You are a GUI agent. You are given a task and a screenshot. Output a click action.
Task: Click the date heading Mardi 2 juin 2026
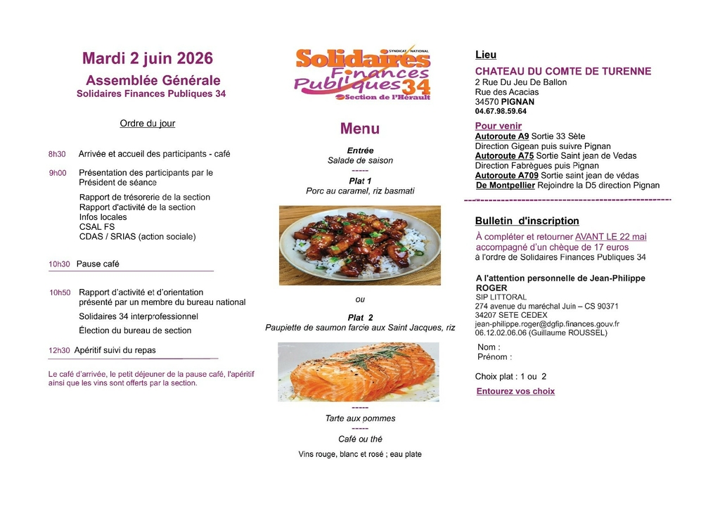coord(148,58)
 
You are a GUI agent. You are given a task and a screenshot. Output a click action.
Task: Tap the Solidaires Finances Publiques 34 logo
coord(362,74)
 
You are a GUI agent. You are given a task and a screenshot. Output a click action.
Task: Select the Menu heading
coord(359,129)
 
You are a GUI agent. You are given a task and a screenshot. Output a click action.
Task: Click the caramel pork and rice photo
coord(359,245)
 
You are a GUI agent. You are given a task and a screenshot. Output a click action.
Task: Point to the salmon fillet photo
coord(359,372)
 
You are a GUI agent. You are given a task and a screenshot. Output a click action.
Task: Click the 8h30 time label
coord(57,154)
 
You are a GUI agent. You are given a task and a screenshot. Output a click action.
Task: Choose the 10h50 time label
coord(60,292)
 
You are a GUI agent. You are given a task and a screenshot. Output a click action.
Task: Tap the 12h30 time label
coord(59,350)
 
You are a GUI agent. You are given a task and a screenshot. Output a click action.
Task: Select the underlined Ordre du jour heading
coord(148,124)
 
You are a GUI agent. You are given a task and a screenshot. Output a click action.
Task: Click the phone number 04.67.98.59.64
coord(501,111)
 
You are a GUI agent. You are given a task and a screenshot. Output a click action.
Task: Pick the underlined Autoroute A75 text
coord(504,156)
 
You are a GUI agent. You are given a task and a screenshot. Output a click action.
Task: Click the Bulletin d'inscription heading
coord(527,221)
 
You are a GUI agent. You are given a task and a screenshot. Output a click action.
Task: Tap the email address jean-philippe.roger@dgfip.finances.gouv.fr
coord(547,324)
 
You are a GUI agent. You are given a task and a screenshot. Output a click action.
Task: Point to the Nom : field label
coord(489,347)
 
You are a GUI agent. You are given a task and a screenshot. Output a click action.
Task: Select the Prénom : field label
coord(494,357)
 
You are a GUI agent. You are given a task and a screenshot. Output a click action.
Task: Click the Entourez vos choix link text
coord(515,392)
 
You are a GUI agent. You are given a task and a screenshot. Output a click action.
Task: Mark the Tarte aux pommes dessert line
coord(360,418)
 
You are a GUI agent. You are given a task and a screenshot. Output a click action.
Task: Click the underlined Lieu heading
coord(486,55)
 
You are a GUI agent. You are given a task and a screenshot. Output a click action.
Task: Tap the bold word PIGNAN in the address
coord(518,102)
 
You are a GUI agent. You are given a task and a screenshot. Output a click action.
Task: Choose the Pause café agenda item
coord(98,264)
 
